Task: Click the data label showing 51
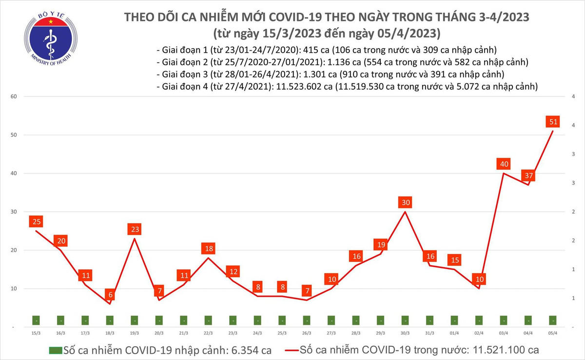(553, 121)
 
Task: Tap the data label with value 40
(504, 164)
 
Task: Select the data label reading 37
(528, 175)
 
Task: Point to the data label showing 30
(405, 202)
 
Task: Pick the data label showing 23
(135, 229)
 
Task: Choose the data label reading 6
(110, 294)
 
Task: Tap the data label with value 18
(209, 248)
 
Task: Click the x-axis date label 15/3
(36, 333)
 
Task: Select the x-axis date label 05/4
(553, 333)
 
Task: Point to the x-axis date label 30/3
(405, 333)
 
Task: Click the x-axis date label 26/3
(307, 333)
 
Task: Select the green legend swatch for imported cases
(56, 350)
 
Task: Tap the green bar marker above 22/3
(209, 321)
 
